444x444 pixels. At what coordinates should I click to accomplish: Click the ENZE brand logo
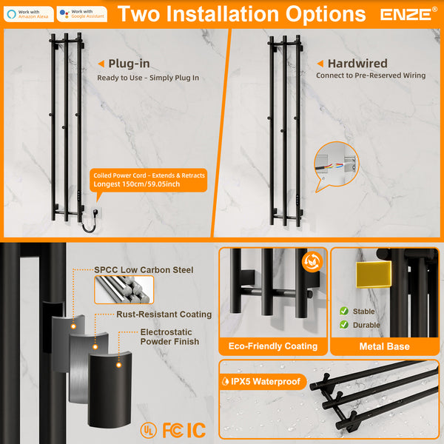click(409, 14)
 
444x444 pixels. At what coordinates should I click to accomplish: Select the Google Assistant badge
click(81, 14)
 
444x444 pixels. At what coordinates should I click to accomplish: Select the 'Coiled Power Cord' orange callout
click(148, 180)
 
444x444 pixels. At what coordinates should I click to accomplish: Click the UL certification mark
click(148, 429)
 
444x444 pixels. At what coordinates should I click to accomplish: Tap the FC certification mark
click(172, 429)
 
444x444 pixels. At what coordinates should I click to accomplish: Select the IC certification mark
click(196, 429)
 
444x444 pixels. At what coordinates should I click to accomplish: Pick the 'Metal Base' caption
click(383, 346)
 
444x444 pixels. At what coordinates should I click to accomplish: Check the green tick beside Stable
click(344, 312)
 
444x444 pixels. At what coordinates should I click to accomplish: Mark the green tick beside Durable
click(344, 325)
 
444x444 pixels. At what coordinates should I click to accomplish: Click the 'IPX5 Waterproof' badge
click(265, 382)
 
